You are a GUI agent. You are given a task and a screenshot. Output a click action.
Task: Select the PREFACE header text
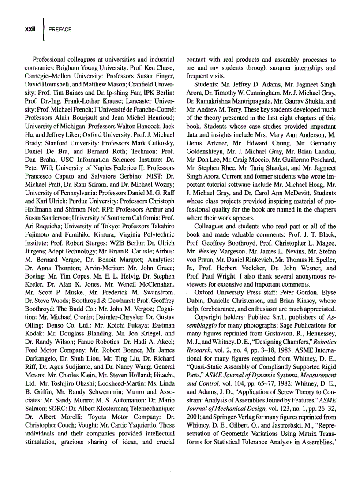pyautogui.click(x=60, y=30)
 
